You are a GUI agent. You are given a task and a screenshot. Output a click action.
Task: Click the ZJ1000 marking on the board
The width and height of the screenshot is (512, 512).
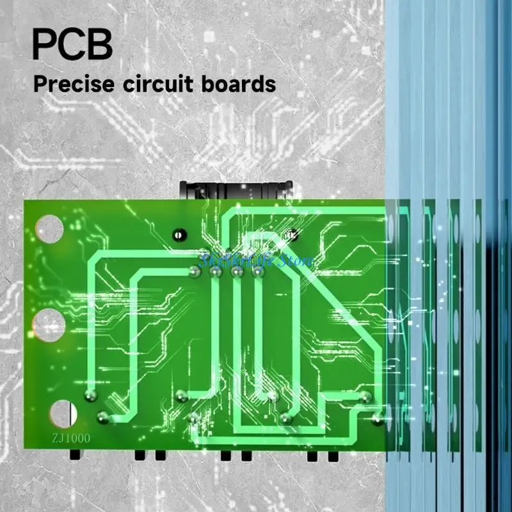[71, 439]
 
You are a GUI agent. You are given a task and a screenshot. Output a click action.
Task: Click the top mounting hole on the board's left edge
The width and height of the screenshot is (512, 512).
[49, 229]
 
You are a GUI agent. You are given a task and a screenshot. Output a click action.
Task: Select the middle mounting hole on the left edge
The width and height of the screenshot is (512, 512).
[49, 324]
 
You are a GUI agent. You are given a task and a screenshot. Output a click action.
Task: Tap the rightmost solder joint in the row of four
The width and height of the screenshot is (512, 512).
[258, 273]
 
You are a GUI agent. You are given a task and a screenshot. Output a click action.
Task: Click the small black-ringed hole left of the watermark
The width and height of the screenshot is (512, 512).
[178, 235]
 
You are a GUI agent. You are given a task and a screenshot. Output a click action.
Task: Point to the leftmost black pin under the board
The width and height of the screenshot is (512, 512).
[75, 454]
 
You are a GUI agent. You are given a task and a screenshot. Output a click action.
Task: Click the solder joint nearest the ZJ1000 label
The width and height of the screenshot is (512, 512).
[102, 418]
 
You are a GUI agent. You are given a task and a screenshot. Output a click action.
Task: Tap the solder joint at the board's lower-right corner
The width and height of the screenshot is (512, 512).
[378, 420]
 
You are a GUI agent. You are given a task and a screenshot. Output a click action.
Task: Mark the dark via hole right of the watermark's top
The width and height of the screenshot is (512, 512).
[292, 234]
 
